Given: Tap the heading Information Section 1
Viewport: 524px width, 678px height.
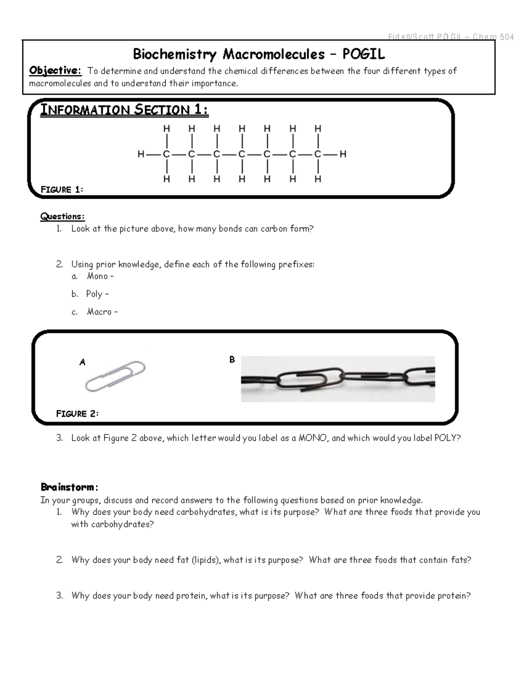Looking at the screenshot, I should coord(124,110).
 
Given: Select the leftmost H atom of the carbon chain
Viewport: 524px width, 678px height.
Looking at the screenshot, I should coord(141,154).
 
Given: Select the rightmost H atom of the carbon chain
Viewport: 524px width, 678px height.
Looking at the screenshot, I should coord(343,154).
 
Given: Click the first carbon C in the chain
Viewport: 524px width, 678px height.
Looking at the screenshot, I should coord(166,154).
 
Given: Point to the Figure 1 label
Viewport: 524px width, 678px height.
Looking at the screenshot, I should coord(62,189).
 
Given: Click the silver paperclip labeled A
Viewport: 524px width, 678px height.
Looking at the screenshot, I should coord(115,376).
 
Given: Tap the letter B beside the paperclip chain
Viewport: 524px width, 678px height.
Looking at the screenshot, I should coord(232,360).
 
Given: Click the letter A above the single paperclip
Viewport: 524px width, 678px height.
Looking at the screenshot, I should coord(82,362).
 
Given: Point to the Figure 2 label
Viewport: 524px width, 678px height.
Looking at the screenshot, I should coord(77,414).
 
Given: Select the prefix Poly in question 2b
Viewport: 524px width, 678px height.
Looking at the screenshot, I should coord(94,294).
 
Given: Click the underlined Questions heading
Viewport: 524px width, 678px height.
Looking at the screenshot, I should coord(62,216).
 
